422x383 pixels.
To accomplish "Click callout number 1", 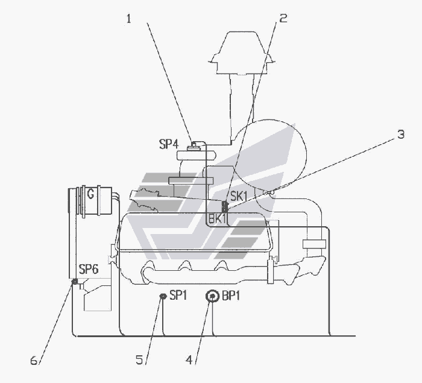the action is [x=129, y=19].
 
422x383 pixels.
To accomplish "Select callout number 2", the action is [x=283, y=18].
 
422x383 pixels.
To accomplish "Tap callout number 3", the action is [x=401, y=134].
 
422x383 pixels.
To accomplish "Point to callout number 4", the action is [x=189, y=360].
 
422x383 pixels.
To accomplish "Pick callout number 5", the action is [x=139, y=359].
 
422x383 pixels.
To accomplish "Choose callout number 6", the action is [x=34, y=360].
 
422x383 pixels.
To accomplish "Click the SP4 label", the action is [x=169, y=144].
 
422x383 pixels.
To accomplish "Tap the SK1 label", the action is [x=239, y=197].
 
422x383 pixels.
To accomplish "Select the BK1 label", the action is [x=217, y=219].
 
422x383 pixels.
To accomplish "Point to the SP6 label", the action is [x=89, y=269].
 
